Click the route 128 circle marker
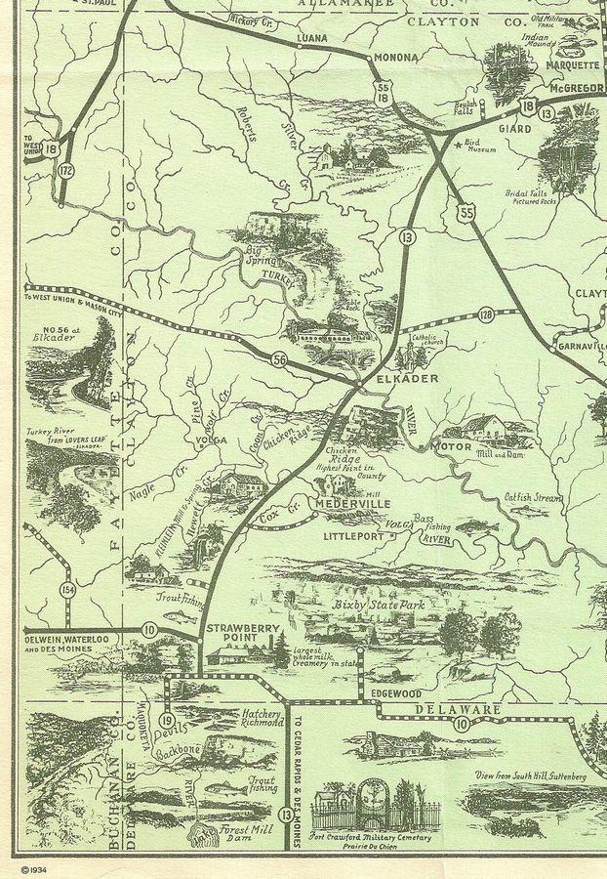pyautogui.click(x=485, y=314)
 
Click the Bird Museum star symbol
pyautogui.click(x=458, y=145)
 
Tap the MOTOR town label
pyautogui.click(x=451, y=445)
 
